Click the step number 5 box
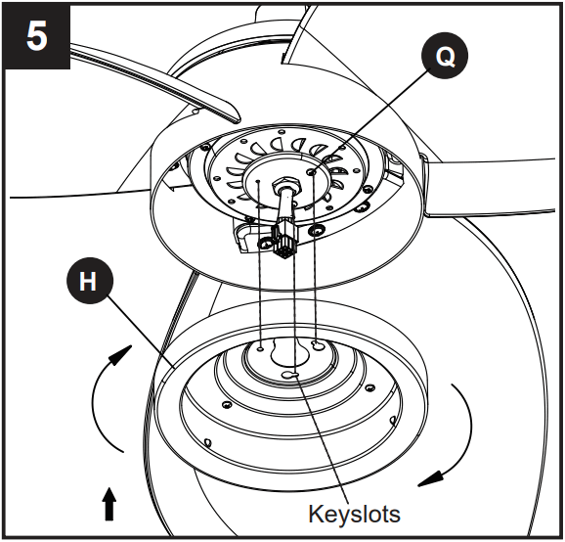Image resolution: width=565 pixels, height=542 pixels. (36, 38)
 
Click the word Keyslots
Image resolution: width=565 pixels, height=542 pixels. (354, 513)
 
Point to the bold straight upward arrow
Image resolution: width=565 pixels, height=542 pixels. (109, 504)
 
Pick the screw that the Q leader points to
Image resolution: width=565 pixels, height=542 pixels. (312, 170)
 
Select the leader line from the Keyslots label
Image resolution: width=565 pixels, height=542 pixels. (327, 440)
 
